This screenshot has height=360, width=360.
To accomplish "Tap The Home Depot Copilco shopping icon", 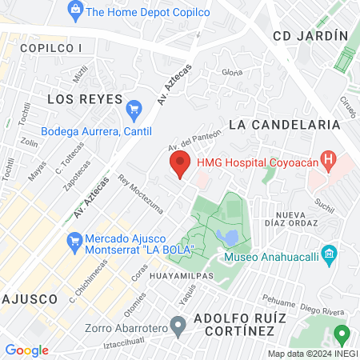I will tap(75, 10).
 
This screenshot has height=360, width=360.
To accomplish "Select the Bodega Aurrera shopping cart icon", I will tap(134, 107).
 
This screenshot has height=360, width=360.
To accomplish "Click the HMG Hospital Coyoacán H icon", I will tap(327, 159).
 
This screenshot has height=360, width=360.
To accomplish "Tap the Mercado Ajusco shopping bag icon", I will tap(74, 239).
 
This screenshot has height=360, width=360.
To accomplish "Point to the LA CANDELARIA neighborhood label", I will tap(284, 125).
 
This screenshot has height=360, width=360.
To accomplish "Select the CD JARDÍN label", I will tap(310, 35).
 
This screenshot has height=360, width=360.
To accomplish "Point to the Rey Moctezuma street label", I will tap(140, 194).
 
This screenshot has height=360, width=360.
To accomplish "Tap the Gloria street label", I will tap(232, 73).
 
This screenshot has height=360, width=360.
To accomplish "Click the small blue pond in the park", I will tap(226, 238).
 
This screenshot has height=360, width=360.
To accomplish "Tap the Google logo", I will tap(26, 350).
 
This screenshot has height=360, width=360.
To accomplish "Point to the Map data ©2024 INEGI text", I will tap(312, 354).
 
